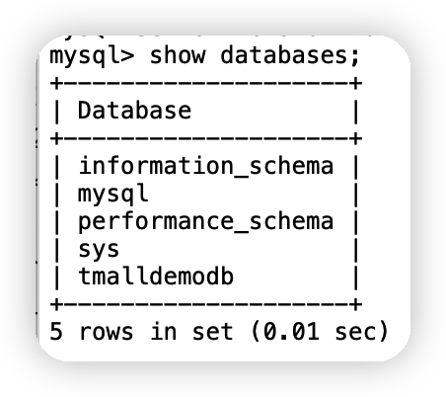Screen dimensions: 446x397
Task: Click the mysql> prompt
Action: (x=92, y=56)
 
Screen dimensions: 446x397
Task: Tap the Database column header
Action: (x=134, y=110)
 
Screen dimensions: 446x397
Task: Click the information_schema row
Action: (x=206, y=166)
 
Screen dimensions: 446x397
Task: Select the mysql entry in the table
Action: (x=113, y=195)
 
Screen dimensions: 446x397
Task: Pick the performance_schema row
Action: (x=206, y=221)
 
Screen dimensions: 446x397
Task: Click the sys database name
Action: (x=99, y=250)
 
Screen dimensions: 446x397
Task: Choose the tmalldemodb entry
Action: (x=156, y=276)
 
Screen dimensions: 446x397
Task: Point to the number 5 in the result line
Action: (x=56, y=331)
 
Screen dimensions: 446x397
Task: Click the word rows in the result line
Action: (x=107, y=332)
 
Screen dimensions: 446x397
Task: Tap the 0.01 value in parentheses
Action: (x=291, y=331)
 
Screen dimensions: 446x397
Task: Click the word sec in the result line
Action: (x=355, y=332)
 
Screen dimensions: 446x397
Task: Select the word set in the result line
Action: (x=212, y=332)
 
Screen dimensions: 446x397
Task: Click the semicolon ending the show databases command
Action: (x=355, y=56)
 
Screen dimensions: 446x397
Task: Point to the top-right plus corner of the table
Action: (x=356, y=83)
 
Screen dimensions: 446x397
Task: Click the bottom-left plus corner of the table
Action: (x=56, y=304)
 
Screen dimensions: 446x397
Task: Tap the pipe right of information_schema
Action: (x=356, y=166)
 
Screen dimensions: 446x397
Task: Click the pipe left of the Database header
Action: (x=56, y=111)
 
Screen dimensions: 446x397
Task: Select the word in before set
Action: (x=163, y=331)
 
